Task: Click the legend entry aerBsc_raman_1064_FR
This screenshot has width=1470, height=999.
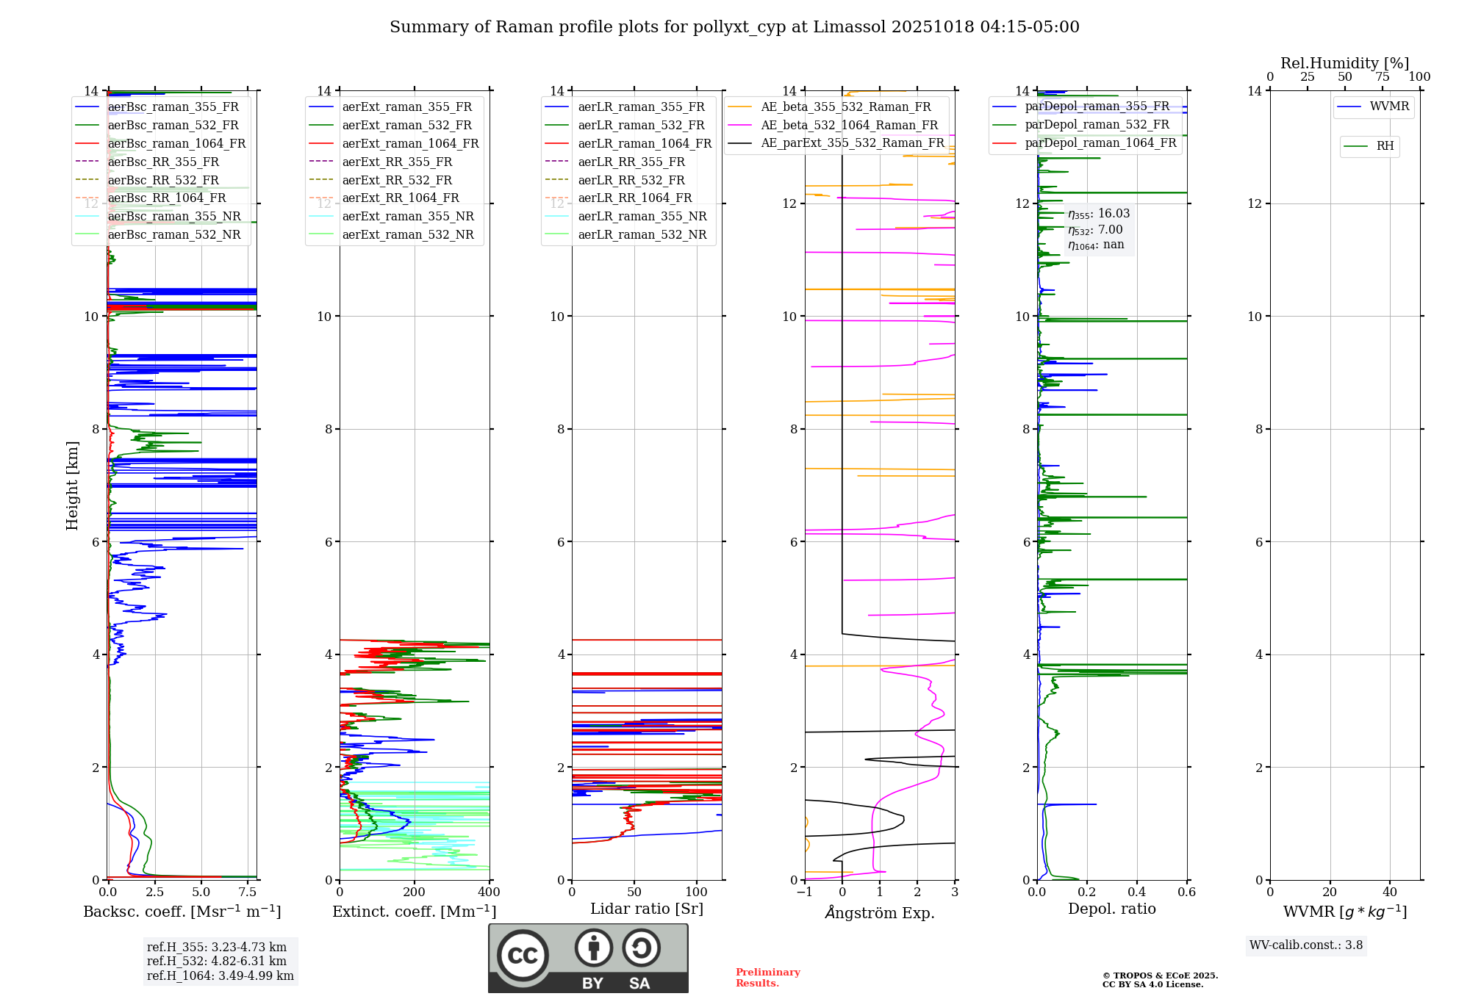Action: pos(176,144)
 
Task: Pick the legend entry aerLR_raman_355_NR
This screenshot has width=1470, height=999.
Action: pos(642,217)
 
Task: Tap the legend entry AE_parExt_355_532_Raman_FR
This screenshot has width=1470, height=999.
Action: pos(852,143)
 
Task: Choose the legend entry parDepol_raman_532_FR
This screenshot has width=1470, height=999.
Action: pos(1097,125)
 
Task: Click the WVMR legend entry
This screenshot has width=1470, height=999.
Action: pos(1389,107)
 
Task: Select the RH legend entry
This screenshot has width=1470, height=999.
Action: pos(1385,146)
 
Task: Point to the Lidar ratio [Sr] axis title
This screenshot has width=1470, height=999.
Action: pos(646,909)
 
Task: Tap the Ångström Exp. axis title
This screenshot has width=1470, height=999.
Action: pos(880,913)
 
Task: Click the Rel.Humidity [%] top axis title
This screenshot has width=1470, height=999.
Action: pos(1344,63)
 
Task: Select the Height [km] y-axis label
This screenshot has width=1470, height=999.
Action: pos(72,486)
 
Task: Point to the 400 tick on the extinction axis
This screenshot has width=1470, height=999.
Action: pos(489,892)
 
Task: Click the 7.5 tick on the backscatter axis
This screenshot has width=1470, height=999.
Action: pos(248,892)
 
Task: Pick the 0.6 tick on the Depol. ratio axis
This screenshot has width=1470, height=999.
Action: pos(1186,892)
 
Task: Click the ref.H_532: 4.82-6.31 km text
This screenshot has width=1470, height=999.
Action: pos(216,962)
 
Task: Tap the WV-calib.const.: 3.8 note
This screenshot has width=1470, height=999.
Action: pos(1305,945)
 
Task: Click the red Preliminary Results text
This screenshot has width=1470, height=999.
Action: pos(767,978)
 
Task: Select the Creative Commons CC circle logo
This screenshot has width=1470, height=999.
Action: pos(523,956)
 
